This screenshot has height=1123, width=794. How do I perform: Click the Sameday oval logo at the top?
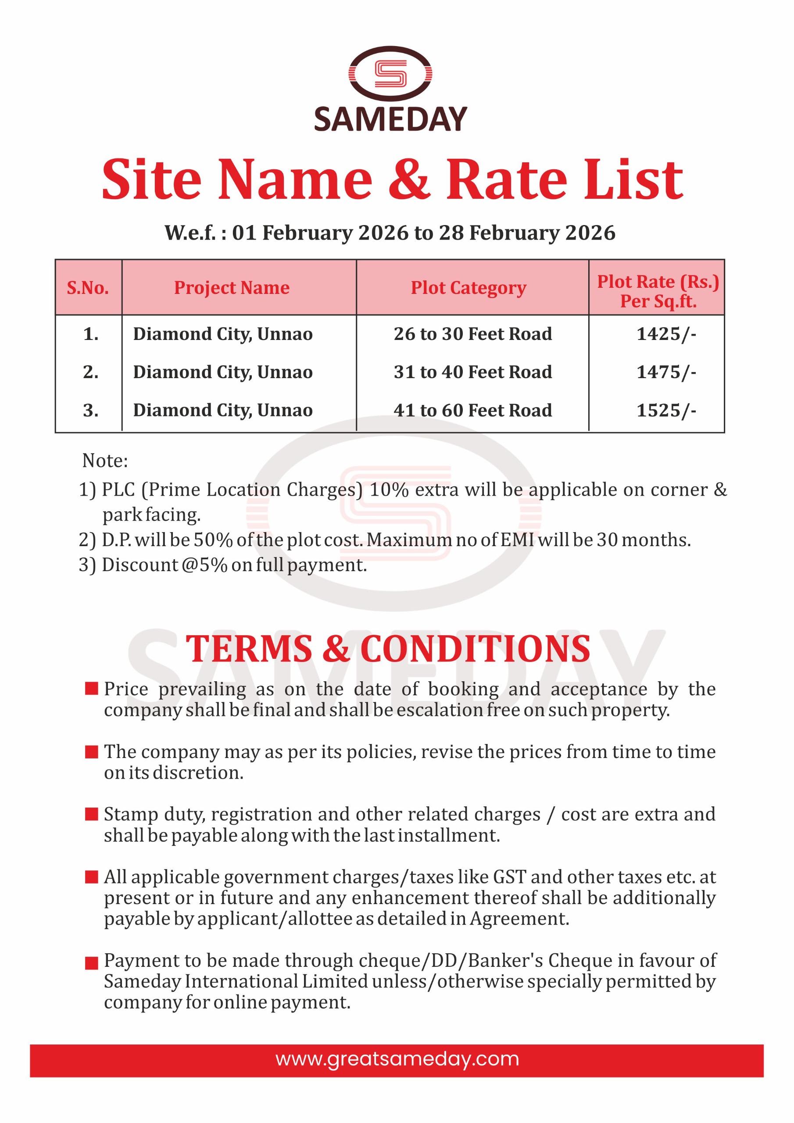[x=390, y=74]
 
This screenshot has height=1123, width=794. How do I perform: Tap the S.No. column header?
[x=88, y=288]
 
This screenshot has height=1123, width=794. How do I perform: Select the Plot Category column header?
[x=468, y=288]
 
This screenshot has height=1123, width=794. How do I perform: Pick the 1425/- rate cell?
[x=666, y=334]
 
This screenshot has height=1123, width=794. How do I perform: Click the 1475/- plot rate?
[x=666, y=372]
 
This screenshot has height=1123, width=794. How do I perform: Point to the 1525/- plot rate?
[x=666, y=410]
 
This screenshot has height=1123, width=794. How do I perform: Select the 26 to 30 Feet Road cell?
[x=472, y=334]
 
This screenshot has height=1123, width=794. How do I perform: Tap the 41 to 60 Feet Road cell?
[x=472, y=410]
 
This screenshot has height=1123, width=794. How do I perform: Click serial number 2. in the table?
[x=90, y=372]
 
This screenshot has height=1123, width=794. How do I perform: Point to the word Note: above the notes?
[x=105, y=461]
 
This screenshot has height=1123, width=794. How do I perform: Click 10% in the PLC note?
[x=389, y=490]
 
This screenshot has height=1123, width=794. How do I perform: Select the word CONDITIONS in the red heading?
[x=475, y=650]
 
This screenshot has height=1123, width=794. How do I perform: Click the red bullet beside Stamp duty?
[x=92, y=814]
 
